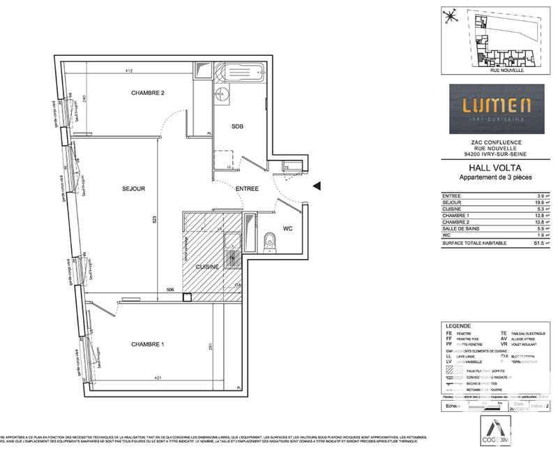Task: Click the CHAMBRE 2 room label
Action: point(148,94)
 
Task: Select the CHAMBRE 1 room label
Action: point(147,344)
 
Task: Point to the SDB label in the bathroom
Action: point(237,126)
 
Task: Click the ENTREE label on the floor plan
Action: point(247,188)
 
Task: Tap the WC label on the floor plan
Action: point(287,228)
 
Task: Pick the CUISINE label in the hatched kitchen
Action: point(207,267)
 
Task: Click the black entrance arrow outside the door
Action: point(317,186)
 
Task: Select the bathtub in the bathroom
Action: point(239,72)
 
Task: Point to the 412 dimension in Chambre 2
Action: point(128,71)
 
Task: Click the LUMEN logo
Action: point(497,108)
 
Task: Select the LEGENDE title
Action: point(458,326)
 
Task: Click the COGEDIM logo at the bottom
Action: point(497,429)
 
